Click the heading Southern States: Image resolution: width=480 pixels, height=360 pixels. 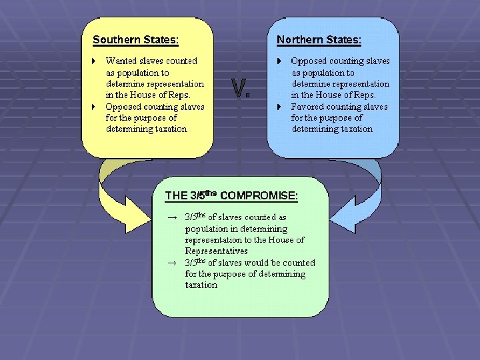(x=135, y=40)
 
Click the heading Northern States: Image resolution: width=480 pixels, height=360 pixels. (x=319, y=40)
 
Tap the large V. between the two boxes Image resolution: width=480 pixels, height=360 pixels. (x=241, y=89)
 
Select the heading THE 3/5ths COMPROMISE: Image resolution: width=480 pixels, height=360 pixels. (x=231, y=195)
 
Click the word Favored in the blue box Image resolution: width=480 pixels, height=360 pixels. (x=307, y=107)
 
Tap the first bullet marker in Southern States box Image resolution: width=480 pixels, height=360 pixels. (x=95, y=61)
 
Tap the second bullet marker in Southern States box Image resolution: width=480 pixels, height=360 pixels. (x=95, y=107)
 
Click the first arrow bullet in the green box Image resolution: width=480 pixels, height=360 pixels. (x=172, y=217)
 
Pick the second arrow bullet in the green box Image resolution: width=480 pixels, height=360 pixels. (x=172, y=263)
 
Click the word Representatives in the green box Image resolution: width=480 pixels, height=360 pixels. (x=216, y=251)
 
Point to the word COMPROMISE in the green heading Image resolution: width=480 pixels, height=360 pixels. (x=258, y=196)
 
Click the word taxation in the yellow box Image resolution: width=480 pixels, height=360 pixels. (x=167, y=129)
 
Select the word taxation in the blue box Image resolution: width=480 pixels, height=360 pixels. (x=353, y=129)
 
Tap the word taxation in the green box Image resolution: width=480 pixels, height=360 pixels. (x=201, y=285)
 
